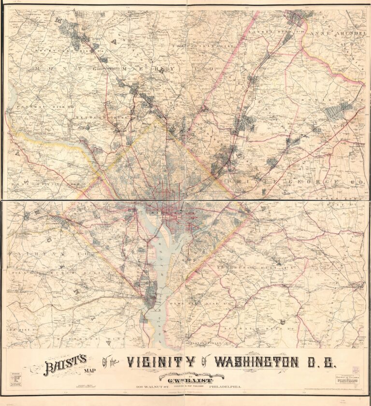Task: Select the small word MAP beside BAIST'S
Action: [x=91, y=373]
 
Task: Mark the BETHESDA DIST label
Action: [x=103, y=118]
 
